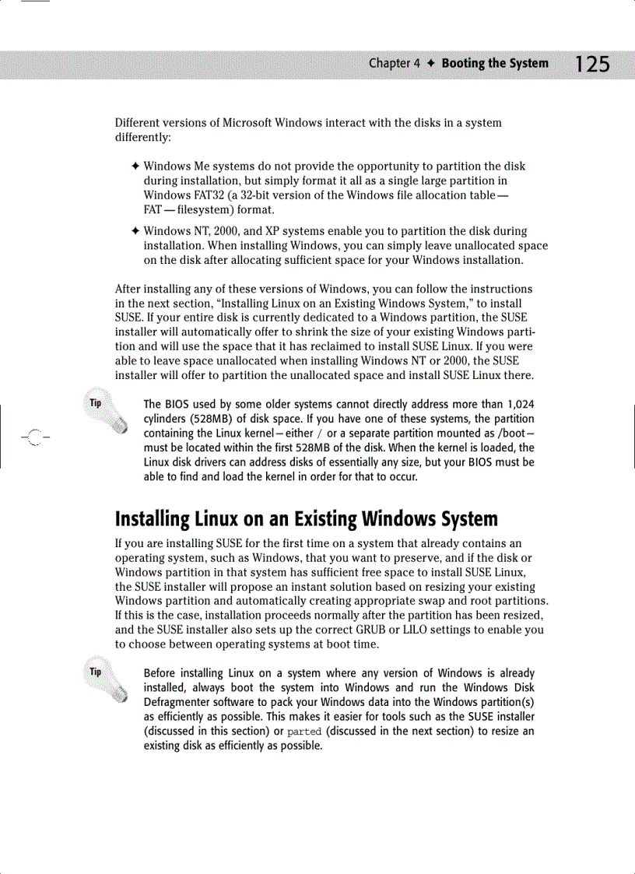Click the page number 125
pos(588,64)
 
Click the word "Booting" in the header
pos(462,64)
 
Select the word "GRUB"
pos(421,630)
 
